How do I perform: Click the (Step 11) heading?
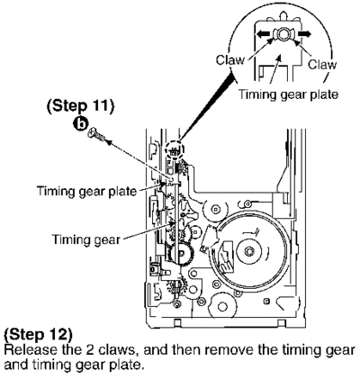[81, 106]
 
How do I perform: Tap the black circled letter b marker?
[81, 124]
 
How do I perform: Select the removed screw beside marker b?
[96, 134]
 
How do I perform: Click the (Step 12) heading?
[38, 335]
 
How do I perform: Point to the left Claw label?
[230, 60]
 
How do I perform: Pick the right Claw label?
[322, 65]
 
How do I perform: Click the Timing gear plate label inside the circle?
[288, 95]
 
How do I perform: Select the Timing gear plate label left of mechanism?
[86, 191]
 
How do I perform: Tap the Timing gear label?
[85, 239]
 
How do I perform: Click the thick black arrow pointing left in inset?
[264, 34]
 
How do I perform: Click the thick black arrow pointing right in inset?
[302, 34]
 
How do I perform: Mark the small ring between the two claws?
[283, 34]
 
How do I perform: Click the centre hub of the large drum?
[248, 251]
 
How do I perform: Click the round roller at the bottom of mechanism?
[222, 306]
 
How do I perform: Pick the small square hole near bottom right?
[266, 301]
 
